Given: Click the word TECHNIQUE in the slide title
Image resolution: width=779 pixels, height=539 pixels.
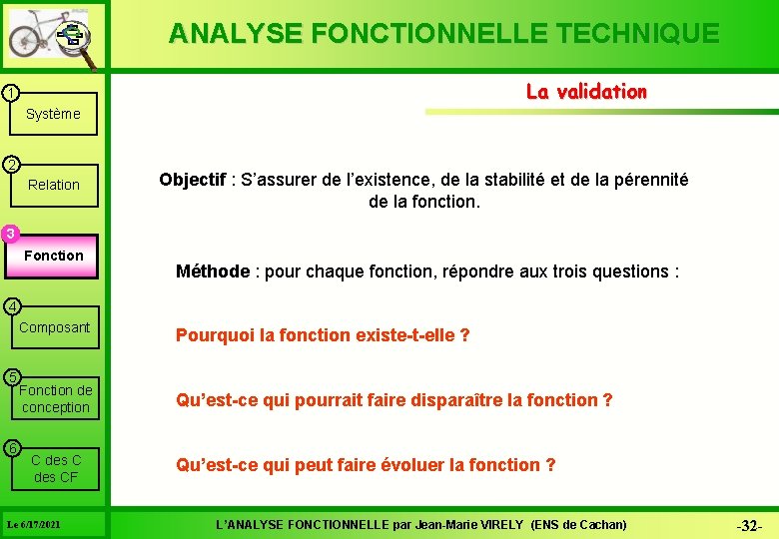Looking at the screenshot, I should tap(633, 34).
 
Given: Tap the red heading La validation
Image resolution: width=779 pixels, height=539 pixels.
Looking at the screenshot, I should tap(586, 92).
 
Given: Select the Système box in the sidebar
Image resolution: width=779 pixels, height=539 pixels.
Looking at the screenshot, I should tap(53, 114).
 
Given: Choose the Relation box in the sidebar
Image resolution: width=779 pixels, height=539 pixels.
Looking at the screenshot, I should tap(54, 185).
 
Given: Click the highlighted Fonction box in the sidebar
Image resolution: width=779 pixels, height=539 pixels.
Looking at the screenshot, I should tap(54, 256).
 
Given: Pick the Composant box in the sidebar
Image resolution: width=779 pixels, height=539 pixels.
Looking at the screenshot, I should tap(54, 327).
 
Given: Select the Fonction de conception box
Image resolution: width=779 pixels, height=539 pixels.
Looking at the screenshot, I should tap(55, 398).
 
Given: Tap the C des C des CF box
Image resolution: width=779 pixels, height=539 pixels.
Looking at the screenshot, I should tap(56, 468).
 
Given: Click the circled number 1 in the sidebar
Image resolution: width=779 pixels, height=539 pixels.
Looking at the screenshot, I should tap(8, 94).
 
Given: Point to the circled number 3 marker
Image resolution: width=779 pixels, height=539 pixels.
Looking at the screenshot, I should tap(9, 235).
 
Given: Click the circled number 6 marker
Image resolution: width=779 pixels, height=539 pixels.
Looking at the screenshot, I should tap(9, 446).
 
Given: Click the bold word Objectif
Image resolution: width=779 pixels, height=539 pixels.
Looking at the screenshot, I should tap(192, 181).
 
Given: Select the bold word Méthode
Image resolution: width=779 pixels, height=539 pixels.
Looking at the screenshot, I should tap(212, 271).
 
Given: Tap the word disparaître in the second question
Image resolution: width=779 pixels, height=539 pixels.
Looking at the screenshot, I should tap(455, 400).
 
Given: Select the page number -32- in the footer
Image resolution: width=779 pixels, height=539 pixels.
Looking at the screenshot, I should tap(749, 526).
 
